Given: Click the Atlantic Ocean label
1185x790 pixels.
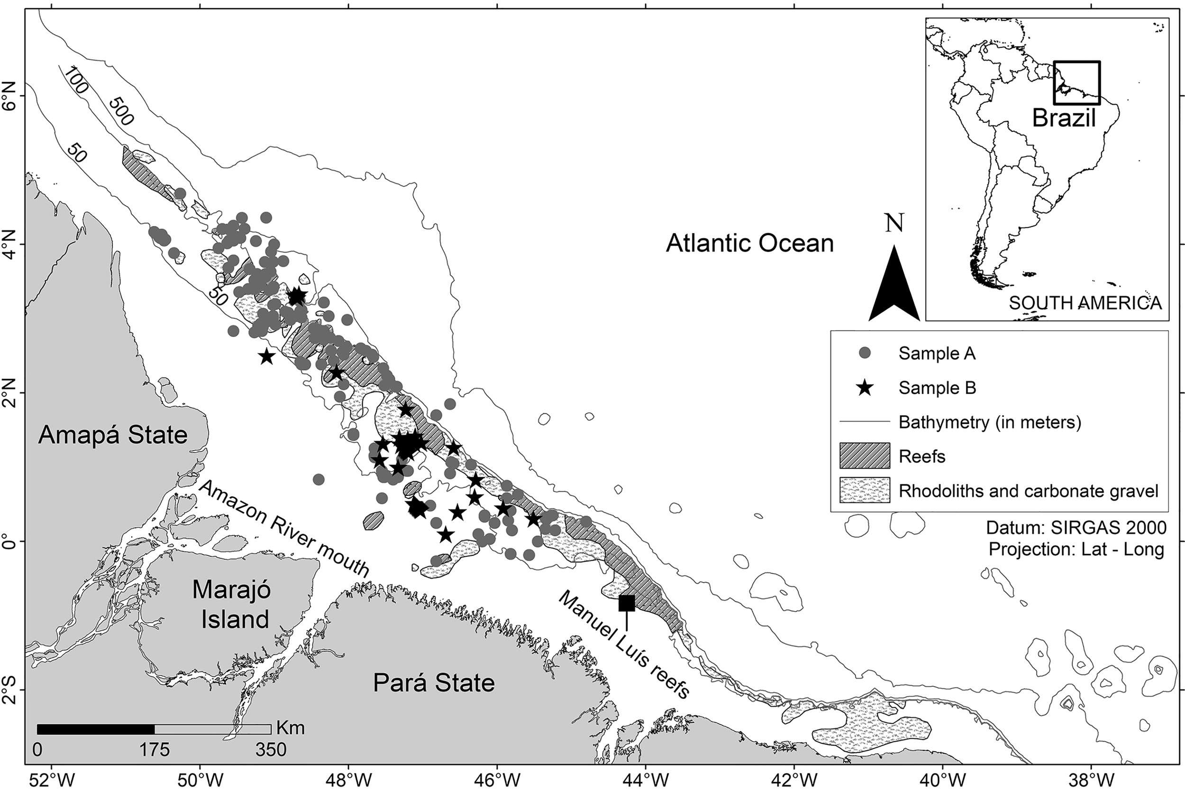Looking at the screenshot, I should [750, 243].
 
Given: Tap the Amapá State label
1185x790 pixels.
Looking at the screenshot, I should [113, 435].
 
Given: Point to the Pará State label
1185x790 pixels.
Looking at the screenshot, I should [434, 683].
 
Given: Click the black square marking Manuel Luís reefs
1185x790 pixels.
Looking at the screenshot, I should [626, 603].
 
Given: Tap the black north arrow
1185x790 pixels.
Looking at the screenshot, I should [894, 287].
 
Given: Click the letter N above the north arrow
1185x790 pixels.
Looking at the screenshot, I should [894, 223].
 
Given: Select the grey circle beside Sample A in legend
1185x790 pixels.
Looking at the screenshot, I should [865, 354].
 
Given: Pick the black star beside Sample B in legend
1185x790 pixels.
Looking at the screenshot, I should [865, 388].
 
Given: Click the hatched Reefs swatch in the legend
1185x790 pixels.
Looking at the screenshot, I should [865, 456].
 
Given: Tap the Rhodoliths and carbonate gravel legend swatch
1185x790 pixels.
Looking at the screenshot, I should [865, 490].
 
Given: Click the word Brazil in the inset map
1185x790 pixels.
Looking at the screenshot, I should [1064, 118].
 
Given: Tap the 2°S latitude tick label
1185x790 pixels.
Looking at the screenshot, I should [10, 690].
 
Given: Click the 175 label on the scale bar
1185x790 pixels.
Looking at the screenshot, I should [155, 750].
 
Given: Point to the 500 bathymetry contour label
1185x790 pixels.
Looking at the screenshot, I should [121, 111].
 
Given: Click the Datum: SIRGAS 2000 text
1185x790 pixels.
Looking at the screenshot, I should [1076, 527].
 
